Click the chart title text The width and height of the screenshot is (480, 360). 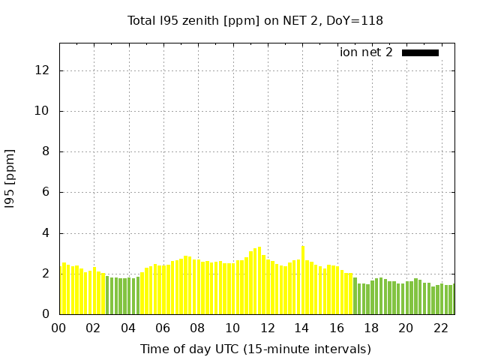point(255,20)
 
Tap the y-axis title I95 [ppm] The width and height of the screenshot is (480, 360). point(10,178)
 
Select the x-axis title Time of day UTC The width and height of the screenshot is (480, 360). point(255,349)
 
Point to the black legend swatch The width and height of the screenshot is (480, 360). point(420,52)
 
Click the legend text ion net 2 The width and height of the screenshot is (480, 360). point(366,52)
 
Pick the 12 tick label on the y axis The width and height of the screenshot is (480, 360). point(42,70)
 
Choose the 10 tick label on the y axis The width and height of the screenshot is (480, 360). point(42,111)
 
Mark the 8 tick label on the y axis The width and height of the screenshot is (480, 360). point(46,151)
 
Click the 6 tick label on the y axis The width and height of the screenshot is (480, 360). point(46,192)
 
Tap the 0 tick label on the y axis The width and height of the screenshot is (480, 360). point(46,314)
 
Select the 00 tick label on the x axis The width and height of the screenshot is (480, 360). point(58,328)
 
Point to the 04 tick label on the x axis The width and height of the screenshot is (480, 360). point(128,328)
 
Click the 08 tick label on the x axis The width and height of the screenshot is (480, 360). point(197,328)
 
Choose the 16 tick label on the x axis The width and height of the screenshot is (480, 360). point(337,328)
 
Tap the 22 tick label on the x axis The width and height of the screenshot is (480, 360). point(441,328)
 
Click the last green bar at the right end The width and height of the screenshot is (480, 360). point(451,299)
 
